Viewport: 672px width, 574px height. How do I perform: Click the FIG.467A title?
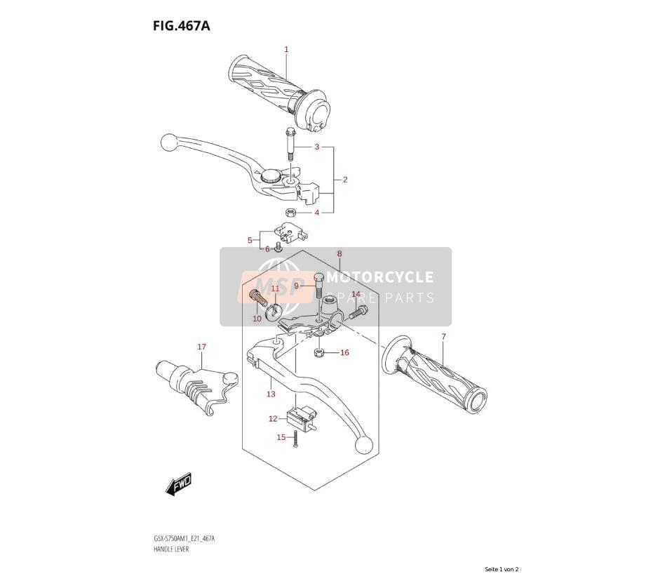click(x=181, y=26)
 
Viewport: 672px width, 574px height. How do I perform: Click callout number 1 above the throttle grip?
click(x=286, y=49)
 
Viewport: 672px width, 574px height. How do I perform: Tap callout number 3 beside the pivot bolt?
click(x=317, y=147)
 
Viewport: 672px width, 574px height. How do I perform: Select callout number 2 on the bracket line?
click(x=345, y=180)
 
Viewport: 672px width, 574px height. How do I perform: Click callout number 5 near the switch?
click(x=250, y=241)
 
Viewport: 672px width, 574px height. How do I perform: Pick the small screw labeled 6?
click(x=279, y=247)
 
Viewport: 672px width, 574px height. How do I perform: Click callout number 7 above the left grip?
click(x=443, y=337)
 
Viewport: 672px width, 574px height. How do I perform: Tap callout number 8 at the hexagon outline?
click(x=340, y=254)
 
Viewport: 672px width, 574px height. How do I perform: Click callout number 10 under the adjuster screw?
click(x=257, y=319)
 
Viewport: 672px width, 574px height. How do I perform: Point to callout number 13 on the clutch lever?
click(x=271, y=394)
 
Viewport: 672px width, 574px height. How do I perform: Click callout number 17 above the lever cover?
click(x=202, y=347)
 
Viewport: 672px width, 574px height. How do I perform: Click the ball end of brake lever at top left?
click(x=168, y=142)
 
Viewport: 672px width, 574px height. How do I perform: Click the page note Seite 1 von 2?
click(x=502, y=569)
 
